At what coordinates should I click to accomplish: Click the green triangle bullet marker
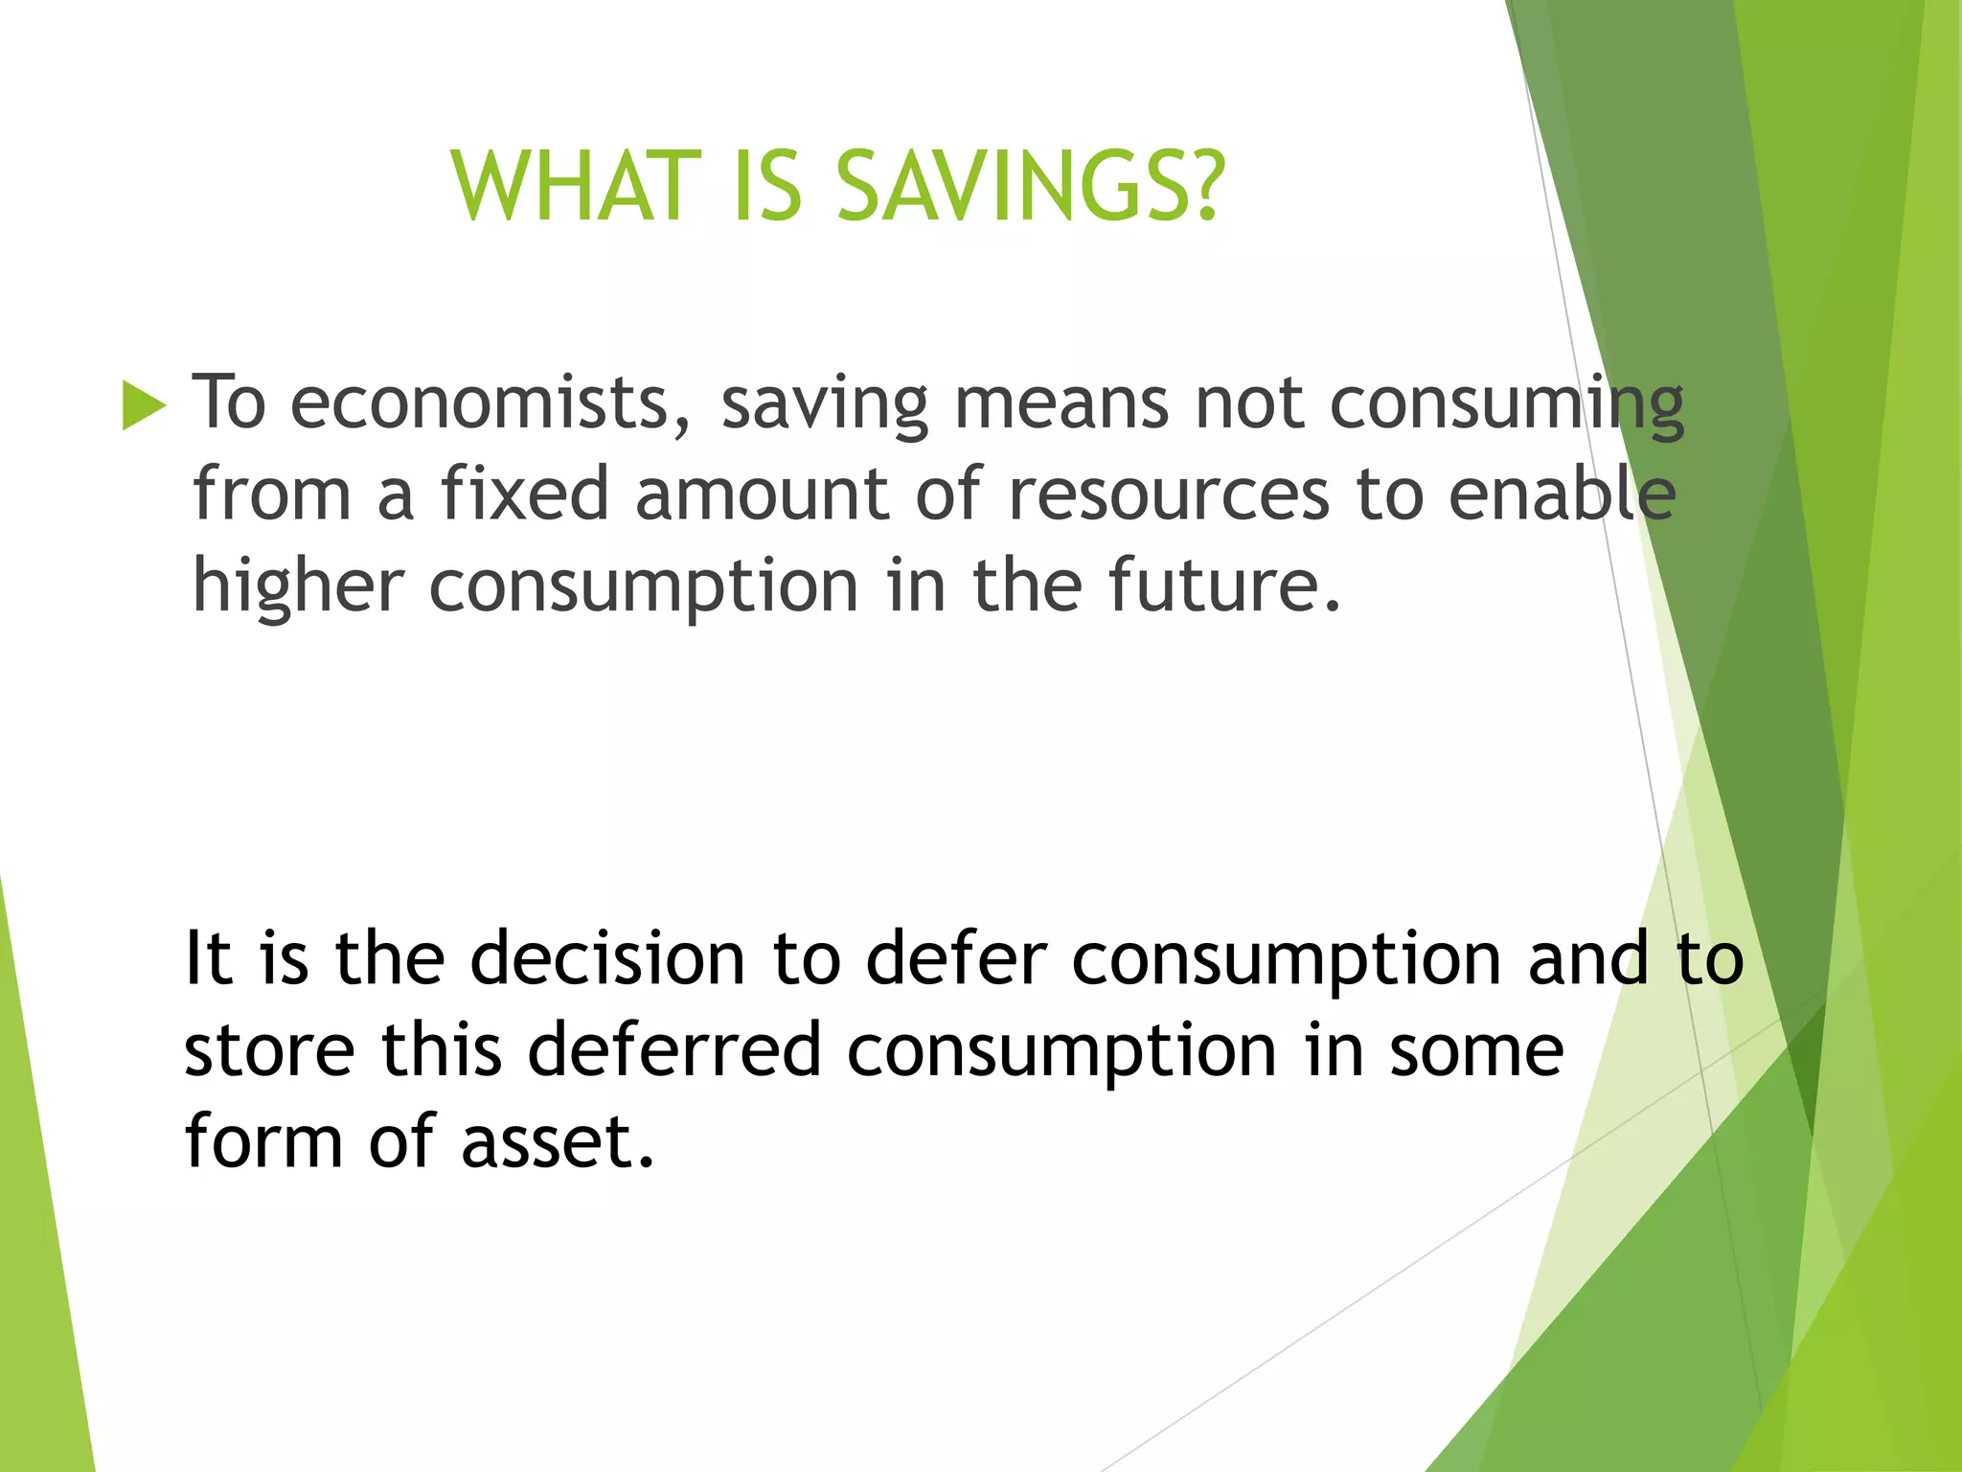pos(144,405)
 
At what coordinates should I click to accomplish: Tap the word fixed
pos(524,494)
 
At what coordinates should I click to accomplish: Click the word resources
pos(1169,494)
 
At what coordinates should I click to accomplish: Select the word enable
pos(1562,494)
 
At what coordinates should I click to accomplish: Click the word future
pos(1223,585)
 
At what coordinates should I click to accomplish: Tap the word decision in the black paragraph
pos(607,958)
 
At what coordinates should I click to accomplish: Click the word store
pos(269,1049)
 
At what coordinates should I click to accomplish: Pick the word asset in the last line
pos(558,1141)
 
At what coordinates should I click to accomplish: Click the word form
pos(263,1141)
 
